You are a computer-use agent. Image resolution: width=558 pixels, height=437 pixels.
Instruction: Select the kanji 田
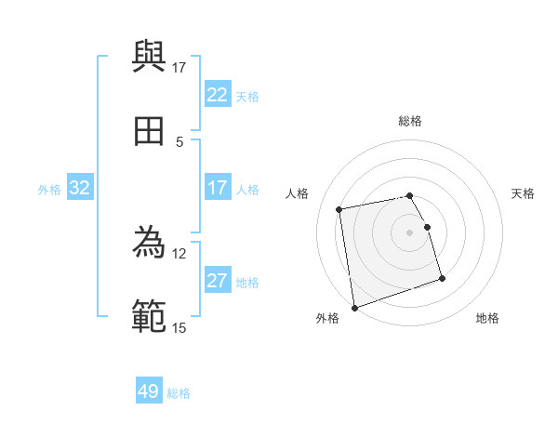[x=150, y=131]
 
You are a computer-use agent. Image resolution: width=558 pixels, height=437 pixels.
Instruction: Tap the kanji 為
[x=150, y=243]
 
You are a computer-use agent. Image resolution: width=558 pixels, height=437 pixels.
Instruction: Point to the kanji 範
[x=150, y=317]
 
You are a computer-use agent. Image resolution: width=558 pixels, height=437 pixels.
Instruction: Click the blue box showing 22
[x=217, y=95]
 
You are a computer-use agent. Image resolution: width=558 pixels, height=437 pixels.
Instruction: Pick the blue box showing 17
[x=217, y=188]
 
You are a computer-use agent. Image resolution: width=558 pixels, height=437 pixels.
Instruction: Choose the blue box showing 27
[x=217, y=281]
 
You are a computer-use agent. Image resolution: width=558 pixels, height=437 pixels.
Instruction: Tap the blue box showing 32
[x=80, y=188]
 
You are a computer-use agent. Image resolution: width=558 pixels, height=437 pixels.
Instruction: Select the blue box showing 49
[x=149, y=391]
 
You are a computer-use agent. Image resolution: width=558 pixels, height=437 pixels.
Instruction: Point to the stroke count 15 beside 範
[x=179, y=327]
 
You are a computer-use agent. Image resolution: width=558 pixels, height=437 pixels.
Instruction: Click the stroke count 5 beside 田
[x=179, y=141]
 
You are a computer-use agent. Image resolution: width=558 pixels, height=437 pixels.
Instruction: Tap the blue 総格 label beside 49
[x=179, y=393]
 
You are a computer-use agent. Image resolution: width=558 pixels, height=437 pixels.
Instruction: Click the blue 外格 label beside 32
[x=49, y=190]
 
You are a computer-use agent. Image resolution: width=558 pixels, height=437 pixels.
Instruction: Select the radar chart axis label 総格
[x=410, y=121]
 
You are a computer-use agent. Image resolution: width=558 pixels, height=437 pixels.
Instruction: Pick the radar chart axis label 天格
[x=523, y=193]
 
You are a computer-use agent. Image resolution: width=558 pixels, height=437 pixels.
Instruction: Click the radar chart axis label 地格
[x=487, y=318]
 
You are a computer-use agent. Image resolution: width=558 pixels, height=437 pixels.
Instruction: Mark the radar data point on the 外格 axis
[x=354, y=307]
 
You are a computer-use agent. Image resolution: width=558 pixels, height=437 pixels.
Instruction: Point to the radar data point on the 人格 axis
[x=340, y=208]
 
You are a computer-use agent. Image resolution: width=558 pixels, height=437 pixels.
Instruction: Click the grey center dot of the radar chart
[x=410, y=232]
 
